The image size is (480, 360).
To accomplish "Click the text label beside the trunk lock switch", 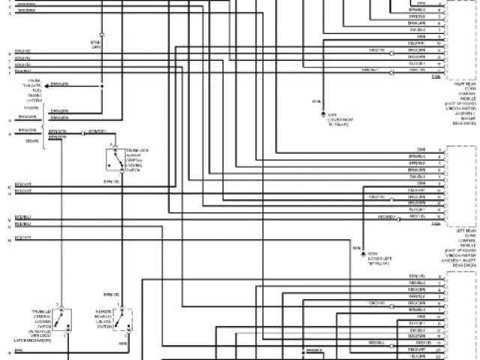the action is coord(138,160).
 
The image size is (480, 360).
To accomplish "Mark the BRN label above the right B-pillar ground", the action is coord(316,100).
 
